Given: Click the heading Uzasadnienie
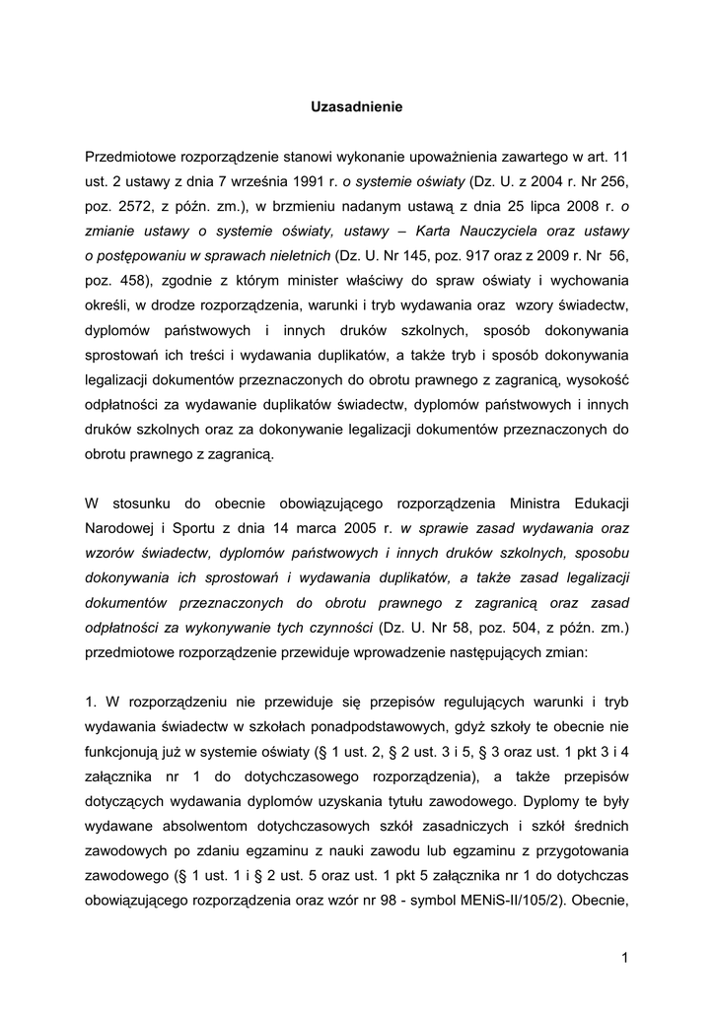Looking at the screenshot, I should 357,106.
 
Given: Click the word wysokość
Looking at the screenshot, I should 596,379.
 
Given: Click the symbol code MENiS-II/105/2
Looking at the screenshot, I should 512,900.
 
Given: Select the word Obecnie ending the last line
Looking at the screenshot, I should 599,900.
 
